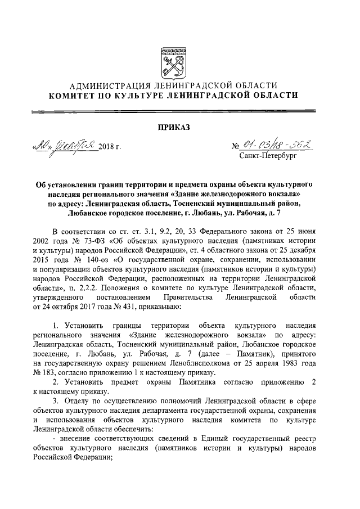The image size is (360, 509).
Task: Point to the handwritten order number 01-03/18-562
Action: [x=281, y=145]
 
